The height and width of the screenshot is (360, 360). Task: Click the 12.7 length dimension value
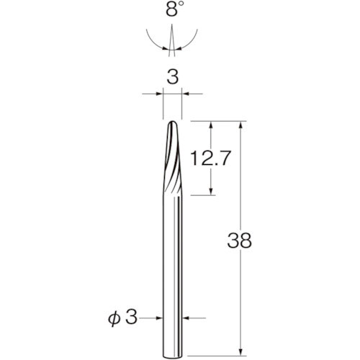210,158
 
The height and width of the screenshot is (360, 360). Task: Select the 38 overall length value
240,240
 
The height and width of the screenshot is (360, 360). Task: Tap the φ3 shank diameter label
122,318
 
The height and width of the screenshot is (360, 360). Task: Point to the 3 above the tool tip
173,77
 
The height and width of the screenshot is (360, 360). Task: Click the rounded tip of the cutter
172,122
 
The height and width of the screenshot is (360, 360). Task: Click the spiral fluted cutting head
172,158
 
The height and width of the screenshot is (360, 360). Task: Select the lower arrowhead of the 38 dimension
241,352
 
